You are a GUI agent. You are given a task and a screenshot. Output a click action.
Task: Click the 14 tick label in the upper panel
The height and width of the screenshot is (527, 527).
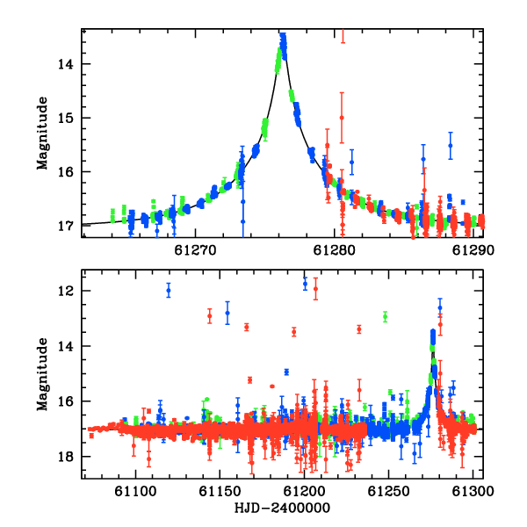[66, 64]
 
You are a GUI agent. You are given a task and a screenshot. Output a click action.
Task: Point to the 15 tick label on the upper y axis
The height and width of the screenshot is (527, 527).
[66, 118]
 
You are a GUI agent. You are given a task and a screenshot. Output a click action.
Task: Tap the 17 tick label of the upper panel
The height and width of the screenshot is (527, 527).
[66, 226]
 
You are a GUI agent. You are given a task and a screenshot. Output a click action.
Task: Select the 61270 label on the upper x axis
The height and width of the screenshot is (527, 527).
[195, 250]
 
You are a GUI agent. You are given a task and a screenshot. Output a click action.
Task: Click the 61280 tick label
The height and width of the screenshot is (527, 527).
[334, 250]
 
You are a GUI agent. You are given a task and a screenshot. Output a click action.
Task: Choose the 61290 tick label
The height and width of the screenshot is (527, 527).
[473, 250]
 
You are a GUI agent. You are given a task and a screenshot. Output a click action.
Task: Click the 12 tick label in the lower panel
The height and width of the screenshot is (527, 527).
[66, 291]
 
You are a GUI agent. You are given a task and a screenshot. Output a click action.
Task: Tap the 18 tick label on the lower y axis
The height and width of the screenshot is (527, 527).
[66, 457]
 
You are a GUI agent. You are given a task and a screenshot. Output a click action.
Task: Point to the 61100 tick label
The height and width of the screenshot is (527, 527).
[135, 491]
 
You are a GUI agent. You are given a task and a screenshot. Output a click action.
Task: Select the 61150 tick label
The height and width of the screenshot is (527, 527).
[220, 491]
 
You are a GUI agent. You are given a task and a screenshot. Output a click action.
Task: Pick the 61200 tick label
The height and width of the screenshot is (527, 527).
[304, 491]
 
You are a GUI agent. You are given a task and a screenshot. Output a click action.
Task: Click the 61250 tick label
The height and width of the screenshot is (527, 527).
[388, 491]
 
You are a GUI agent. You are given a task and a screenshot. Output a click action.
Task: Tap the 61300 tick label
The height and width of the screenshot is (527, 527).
[473, 491]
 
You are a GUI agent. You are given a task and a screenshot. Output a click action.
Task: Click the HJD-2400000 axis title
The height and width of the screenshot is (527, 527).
[282, 508]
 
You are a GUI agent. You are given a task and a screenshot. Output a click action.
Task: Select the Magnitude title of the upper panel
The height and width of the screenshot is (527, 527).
[43, 134]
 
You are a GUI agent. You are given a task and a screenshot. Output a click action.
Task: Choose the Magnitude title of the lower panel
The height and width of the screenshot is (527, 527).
[43, 374]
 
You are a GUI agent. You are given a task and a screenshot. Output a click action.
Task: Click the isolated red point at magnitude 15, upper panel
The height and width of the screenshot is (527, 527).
[342, 118]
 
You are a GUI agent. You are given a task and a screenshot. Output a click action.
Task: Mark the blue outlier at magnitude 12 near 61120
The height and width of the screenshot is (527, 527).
[169, 291]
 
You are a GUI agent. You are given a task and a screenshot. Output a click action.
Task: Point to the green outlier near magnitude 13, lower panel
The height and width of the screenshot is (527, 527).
[386, 316]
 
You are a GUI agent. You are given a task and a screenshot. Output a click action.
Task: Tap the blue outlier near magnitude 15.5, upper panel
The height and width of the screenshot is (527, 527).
[451, 146]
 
